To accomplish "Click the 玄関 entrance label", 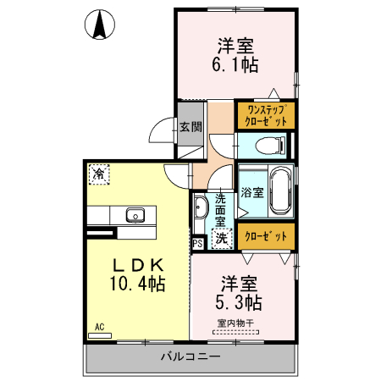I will coord(190,128).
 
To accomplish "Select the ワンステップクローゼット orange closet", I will coord(265,115).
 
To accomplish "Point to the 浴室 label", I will coord(252,192).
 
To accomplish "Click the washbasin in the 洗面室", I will coord(202,208).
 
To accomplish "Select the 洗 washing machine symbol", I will coord(221,239).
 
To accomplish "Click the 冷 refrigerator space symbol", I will coord(98,174).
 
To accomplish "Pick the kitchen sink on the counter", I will coord(136,213).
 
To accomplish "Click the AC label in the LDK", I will coord(99,327).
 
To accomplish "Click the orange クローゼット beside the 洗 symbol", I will coord(266,236).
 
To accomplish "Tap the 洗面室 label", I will coord(219,207).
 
